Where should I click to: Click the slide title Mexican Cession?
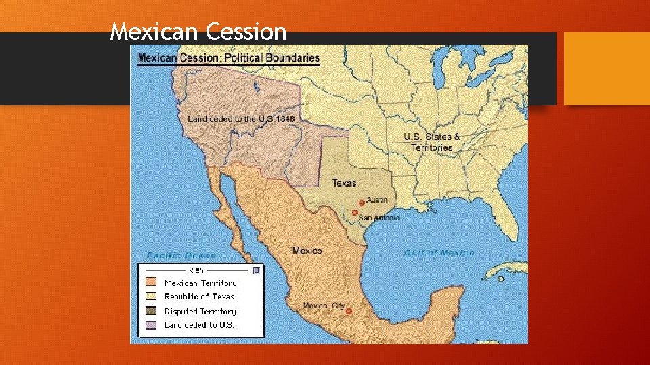[198, 31]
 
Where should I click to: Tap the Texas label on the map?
[344, 183]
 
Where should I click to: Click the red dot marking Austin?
[361, 203]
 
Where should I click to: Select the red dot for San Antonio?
[354, 212]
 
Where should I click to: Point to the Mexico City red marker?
[348, 312]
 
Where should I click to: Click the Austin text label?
[377, 200]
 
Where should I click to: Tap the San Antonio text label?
[378, 218]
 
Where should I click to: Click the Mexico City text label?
[323, 306]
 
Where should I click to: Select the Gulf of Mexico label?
[439, 253]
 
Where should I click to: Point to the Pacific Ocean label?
[181, 255]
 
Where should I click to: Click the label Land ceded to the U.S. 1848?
[241, 119]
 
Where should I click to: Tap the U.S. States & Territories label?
[432, 142]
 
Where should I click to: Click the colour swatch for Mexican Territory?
[151, 283]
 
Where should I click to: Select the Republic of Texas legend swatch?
[151, 297]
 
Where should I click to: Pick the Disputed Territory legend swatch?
[151, 311]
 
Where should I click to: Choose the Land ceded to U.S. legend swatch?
[151, 325]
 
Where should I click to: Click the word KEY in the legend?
[197, 270]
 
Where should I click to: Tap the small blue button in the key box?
[256, 270]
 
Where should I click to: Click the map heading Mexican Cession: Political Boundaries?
[229, 58]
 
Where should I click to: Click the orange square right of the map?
[607, 69]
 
